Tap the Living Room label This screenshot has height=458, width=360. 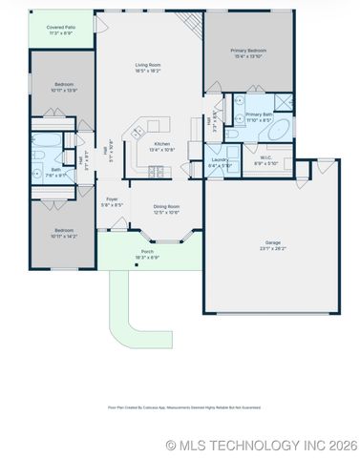click(147, 66)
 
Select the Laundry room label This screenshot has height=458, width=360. click(220, 161)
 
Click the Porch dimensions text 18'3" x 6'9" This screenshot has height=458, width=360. click(147, 258)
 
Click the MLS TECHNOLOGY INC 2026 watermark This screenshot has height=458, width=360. click(261, 445)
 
